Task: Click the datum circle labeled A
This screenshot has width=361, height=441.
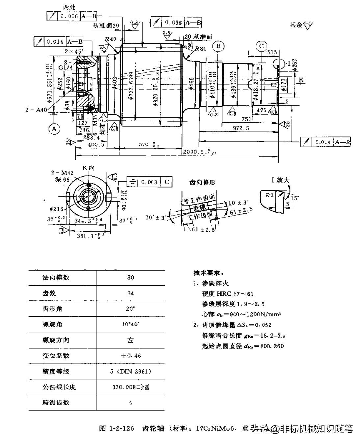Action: (54, 129)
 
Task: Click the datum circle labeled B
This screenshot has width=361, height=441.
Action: (219, 46)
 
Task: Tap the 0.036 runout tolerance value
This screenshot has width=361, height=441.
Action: (173, 22)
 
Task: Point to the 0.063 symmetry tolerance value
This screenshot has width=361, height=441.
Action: (149, 182)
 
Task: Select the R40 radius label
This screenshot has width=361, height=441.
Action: (111, 39)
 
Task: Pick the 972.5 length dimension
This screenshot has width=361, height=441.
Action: (241, 128)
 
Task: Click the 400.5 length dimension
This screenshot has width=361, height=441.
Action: (96, 144)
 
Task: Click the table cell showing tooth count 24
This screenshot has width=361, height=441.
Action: (130, 293)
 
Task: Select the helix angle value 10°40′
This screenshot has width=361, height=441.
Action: (130, 324)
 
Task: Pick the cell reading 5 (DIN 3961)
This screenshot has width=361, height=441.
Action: (130, 371)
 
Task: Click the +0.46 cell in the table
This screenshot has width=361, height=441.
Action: (130, 356)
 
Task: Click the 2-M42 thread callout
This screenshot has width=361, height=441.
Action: (63, 173)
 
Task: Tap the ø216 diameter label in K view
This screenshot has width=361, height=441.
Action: (57, 209)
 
